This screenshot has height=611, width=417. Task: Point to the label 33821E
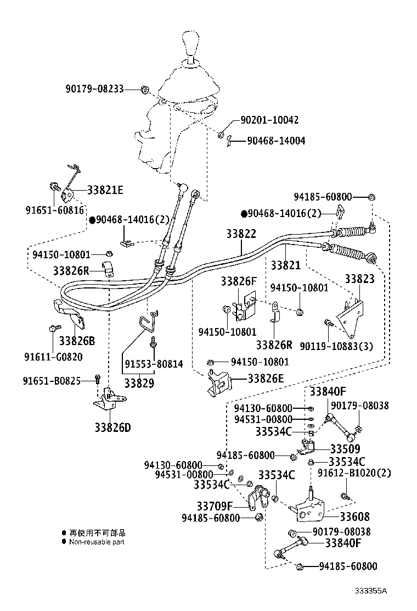pyautogui.click(x=105, y=190)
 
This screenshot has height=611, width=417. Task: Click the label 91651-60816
pyautogui.click(x=54, y=210)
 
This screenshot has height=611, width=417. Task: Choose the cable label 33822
pyautogui.click(x=241, y=234)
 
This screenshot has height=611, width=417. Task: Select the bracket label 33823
pyautogui.click(x=359, y=279)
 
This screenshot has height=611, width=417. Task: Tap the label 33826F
pyautogui.click(x=239, y=281)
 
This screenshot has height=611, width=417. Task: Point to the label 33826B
pyautogui.click(x=77, y=341)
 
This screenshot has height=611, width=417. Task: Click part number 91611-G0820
pyautogui.click(x=53, y=356)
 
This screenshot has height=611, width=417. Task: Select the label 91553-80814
pyautogui.click(x=153, y=364)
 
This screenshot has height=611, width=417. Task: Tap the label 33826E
pyautogui.click(x=266, y=378)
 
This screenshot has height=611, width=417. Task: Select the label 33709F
pyautogui.click(x=215, y=506)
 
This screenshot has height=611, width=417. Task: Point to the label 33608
pyautogui.click(x=354, y=516)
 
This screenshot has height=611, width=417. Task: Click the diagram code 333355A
pyautogui.click(x=370, y=591)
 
